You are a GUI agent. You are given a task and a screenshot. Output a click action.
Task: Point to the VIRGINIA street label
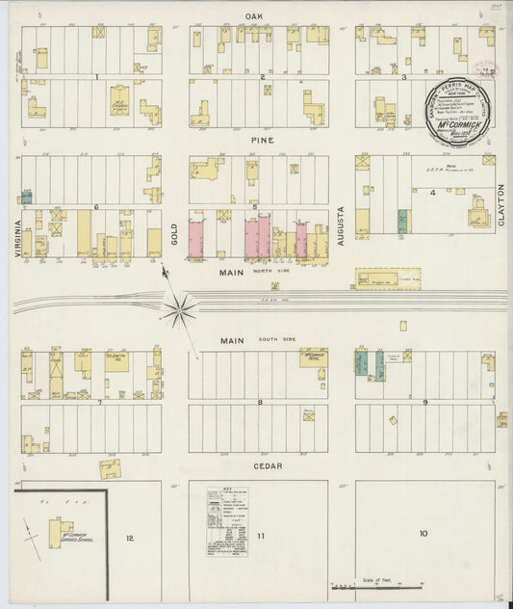(x=16, y=232)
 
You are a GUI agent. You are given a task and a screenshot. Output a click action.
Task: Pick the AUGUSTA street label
(x=341, y=223)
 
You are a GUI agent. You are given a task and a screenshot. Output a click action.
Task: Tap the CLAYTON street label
(x=500, y=205)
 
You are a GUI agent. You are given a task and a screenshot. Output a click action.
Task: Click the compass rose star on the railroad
(x=180, y=309)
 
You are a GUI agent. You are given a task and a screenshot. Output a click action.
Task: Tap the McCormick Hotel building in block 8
(x=313, y=358)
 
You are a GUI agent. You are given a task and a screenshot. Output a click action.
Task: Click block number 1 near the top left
(x=96, y=76)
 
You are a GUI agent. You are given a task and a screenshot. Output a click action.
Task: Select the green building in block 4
(x=402, y=221)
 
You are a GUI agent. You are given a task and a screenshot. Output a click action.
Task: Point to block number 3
(x=404, y=77)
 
